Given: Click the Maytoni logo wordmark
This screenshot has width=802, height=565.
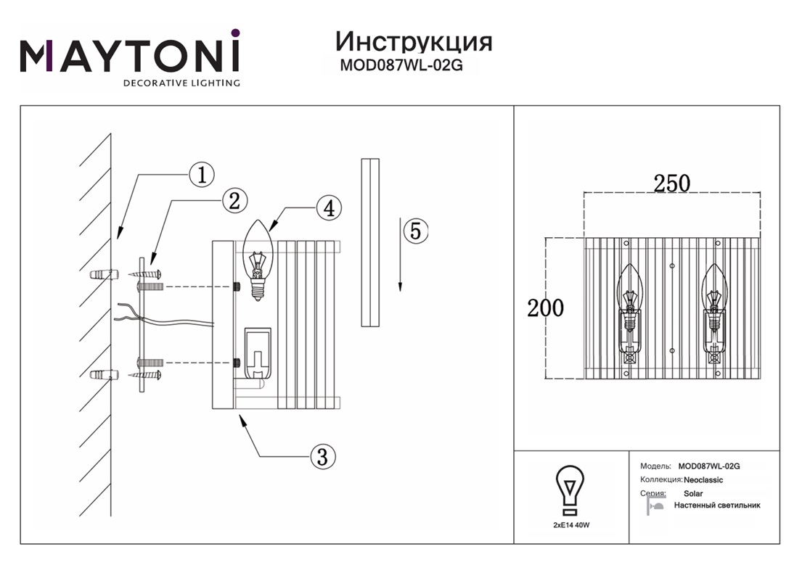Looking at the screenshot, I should pos(129,53).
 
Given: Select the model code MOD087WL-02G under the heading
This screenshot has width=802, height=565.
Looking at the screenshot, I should pos(401,65).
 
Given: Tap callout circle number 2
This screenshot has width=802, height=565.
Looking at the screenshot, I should pos(234,201).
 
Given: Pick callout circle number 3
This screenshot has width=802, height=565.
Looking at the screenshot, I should pos(322,456).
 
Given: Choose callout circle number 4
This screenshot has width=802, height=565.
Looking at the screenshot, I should pos(329,208).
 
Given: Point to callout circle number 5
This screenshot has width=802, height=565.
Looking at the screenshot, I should pos(415,231).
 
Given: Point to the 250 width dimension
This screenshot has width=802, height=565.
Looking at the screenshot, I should pos(671,183).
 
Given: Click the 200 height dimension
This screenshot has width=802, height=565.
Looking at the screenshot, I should pos(545,308).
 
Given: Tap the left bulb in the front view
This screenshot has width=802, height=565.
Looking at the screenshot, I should pos(629,297).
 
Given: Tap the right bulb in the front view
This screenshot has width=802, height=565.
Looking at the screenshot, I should pos(714,297).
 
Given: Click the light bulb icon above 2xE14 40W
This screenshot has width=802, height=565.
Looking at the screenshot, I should pos(570,489).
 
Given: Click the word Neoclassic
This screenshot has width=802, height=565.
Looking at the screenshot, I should pos(703,480).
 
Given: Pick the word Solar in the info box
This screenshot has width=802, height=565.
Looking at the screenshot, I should pos(693,494).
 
